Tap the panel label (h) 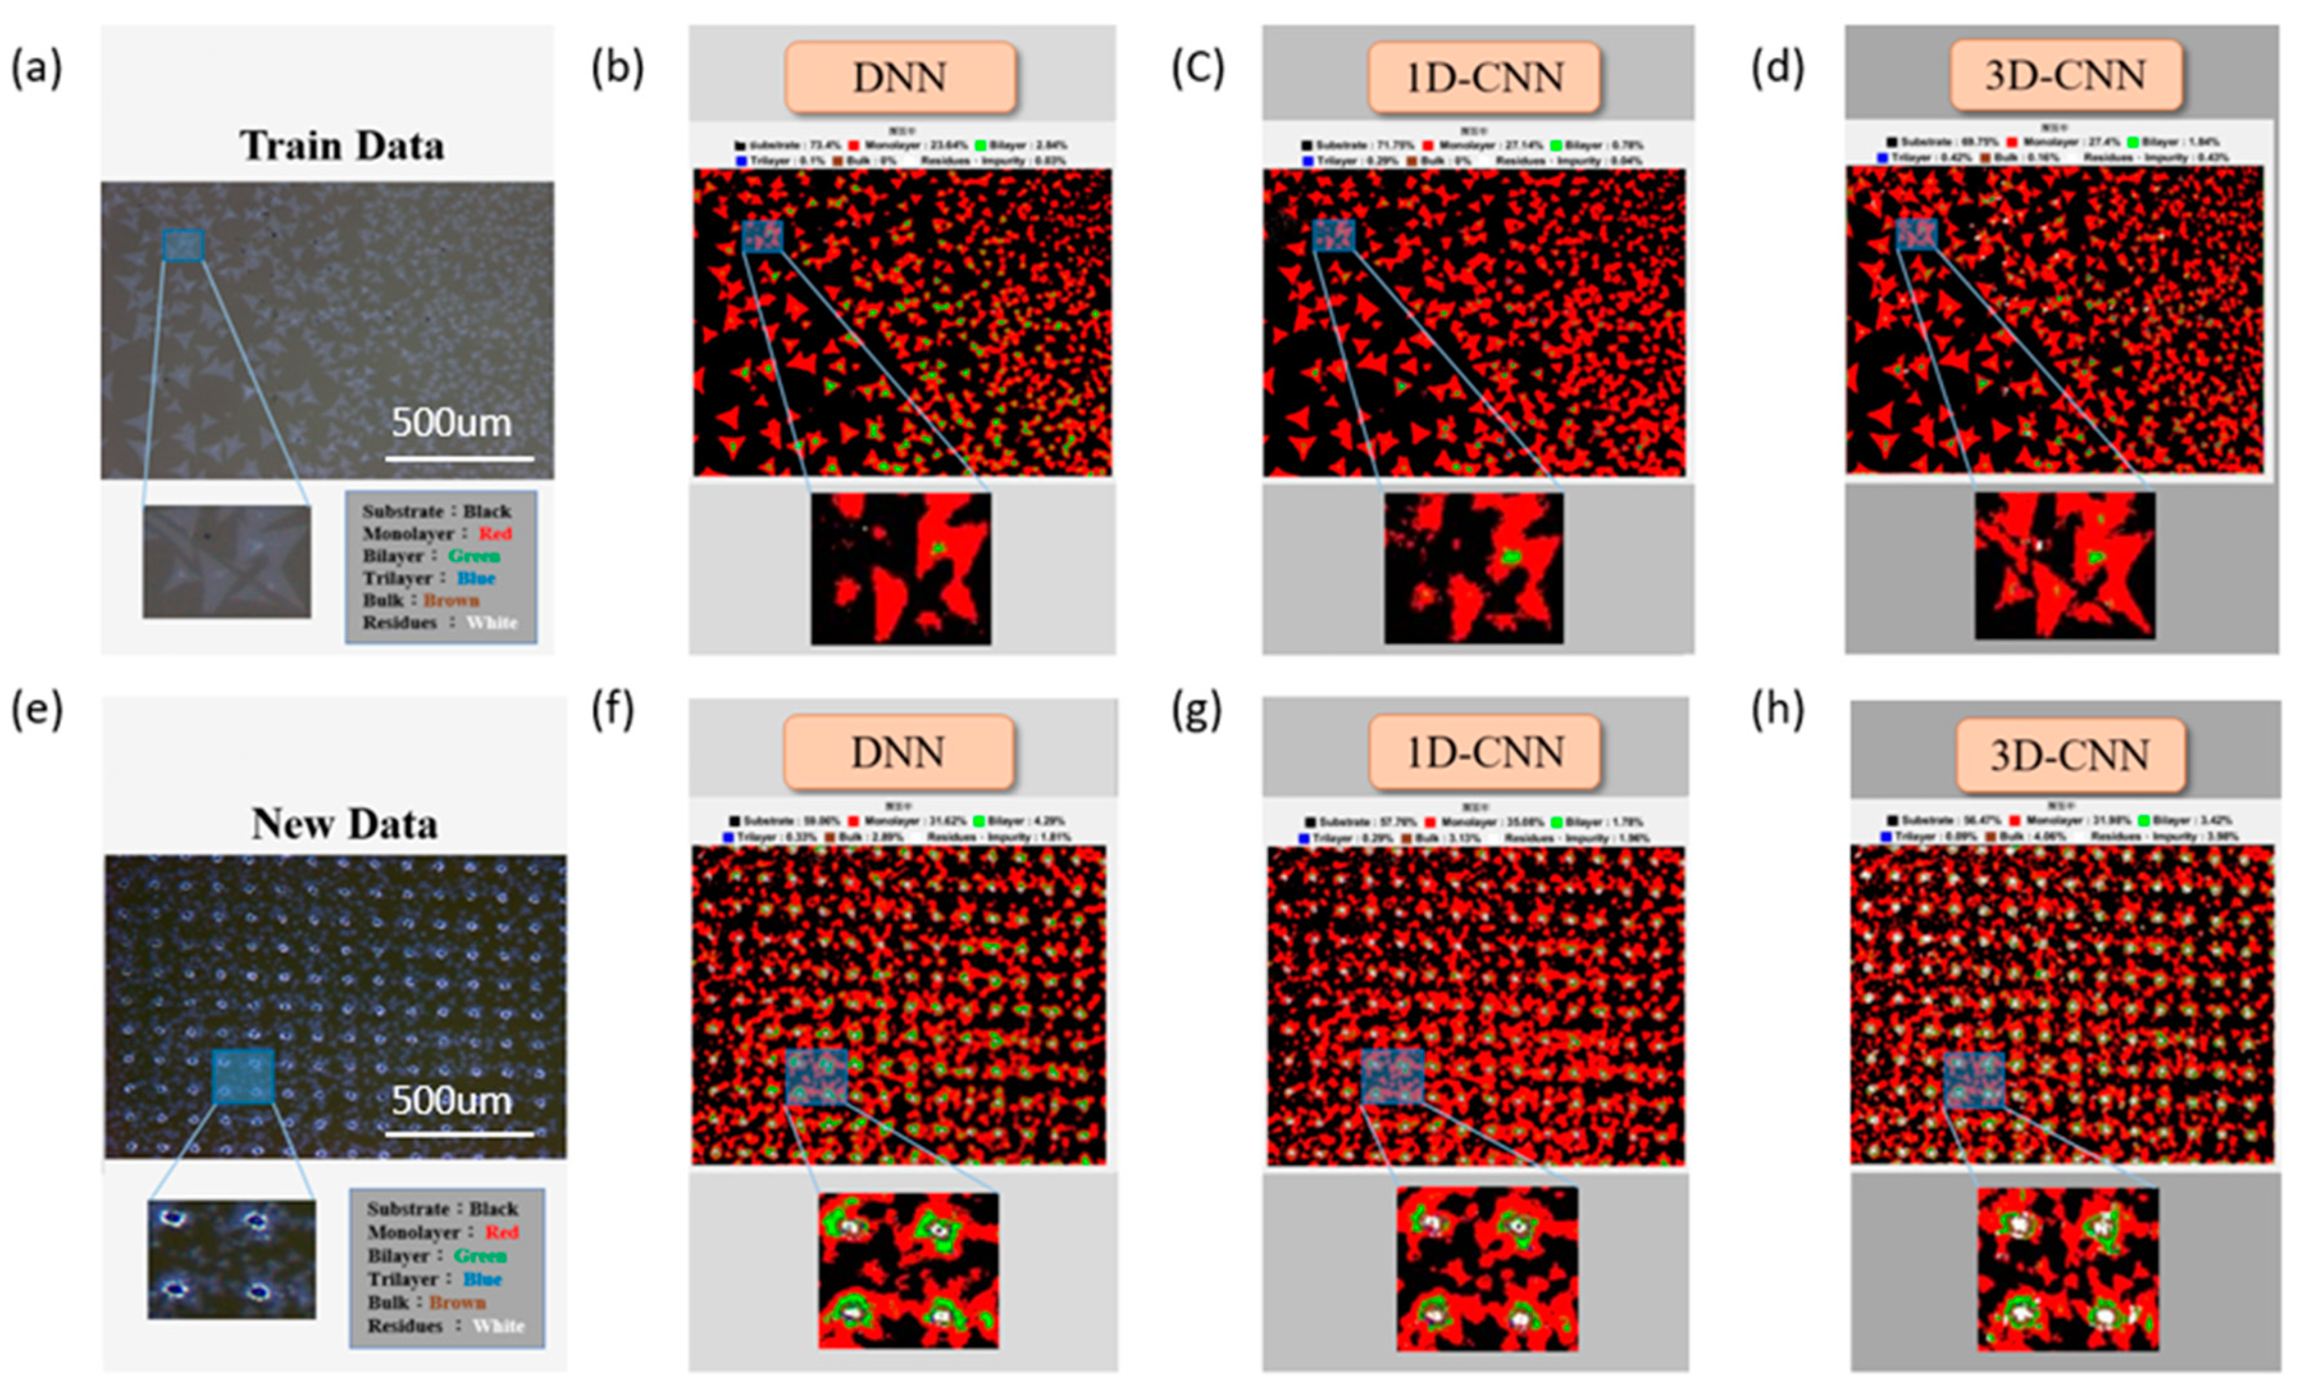click(1777, 710)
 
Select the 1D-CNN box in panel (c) click(1483, 77)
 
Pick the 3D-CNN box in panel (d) click(2065, 75)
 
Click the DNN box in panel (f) click(897, 752)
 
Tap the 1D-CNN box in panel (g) click(1484, 752)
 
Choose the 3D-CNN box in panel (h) click(2070, 755)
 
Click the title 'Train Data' click(341, 146)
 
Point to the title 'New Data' click(344, 824)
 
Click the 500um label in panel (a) click(451, 423)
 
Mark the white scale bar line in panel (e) click(459, 1133)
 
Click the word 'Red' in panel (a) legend click(495, 533)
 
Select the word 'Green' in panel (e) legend click(480, 1256)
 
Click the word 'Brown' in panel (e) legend click(457, 1302)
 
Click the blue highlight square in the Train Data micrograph click(183, 245)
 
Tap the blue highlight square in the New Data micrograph click(243, 1076)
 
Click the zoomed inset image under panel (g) click(1487, 1269)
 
